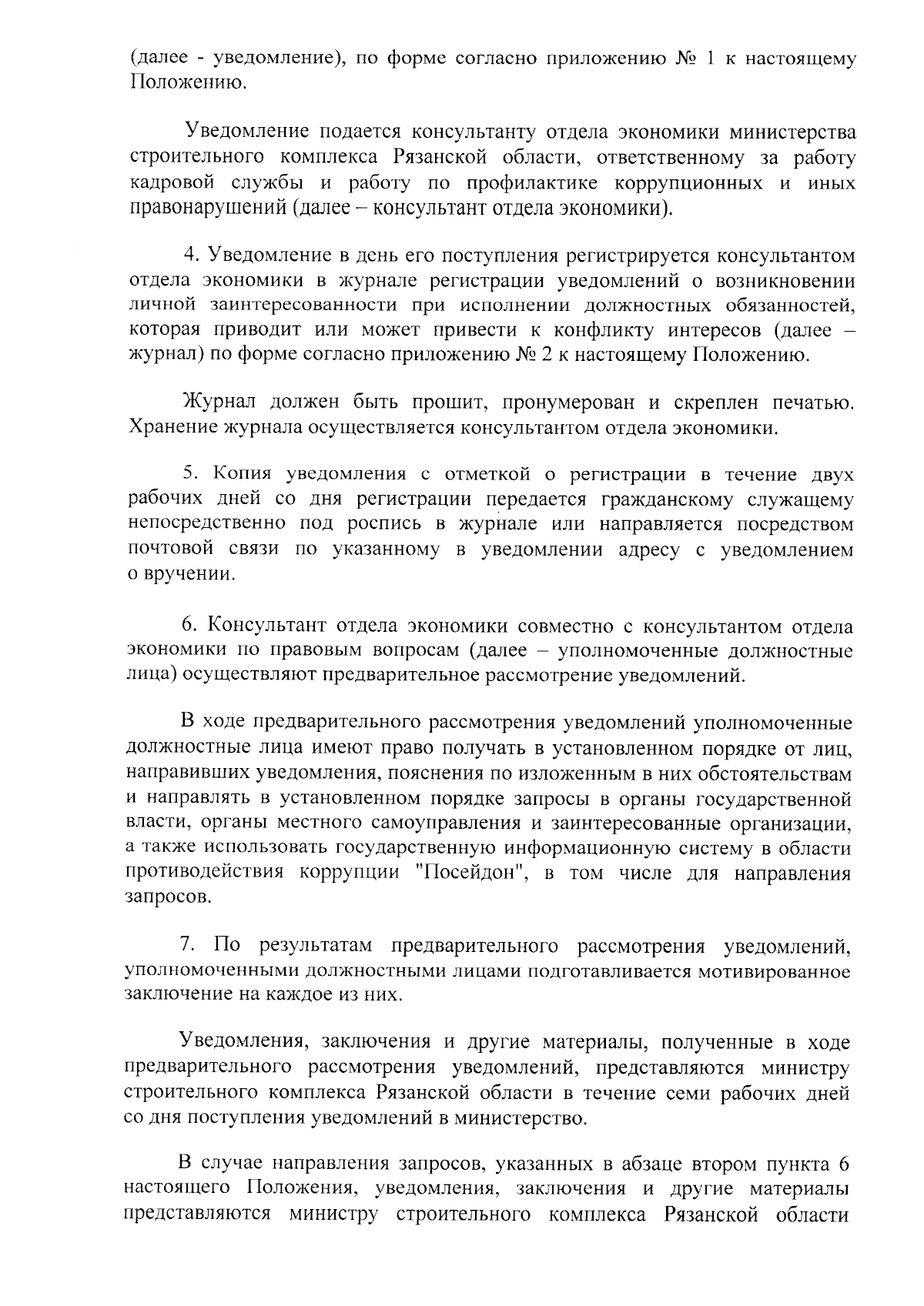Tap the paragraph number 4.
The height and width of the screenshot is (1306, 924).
189,256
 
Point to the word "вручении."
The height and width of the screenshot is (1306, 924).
189,574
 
